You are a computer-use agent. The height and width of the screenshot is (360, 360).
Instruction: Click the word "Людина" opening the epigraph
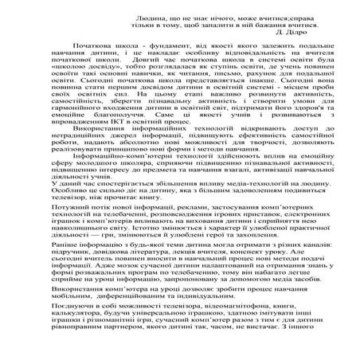click(x=140, y=15)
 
